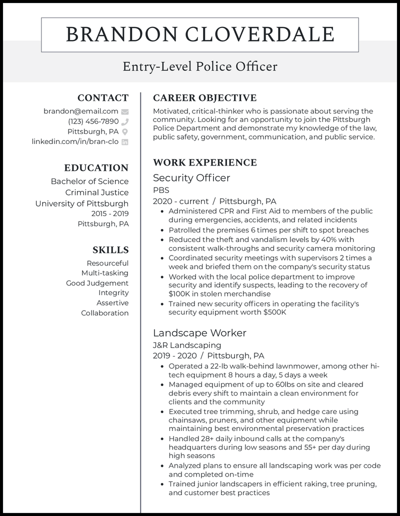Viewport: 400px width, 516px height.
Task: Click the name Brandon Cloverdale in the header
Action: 199,34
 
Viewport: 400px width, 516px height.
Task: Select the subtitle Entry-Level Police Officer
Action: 199,66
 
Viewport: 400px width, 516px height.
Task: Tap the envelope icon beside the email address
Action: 125,111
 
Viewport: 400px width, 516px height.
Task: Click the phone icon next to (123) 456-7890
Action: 125,121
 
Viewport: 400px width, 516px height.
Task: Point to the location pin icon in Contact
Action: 125,131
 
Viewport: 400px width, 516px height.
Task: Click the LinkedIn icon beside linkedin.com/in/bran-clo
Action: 125,142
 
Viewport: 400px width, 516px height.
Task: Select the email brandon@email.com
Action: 80,111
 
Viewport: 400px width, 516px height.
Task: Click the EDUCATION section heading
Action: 96,168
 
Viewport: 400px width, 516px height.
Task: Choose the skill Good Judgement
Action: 97,283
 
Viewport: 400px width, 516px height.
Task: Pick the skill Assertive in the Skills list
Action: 112,303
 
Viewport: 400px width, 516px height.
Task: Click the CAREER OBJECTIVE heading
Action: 204,98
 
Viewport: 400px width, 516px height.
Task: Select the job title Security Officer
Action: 191,178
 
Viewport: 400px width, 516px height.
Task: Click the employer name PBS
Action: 161,190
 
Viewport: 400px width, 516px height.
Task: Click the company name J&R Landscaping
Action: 187,345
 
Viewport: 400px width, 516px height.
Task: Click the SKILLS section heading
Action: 110,250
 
